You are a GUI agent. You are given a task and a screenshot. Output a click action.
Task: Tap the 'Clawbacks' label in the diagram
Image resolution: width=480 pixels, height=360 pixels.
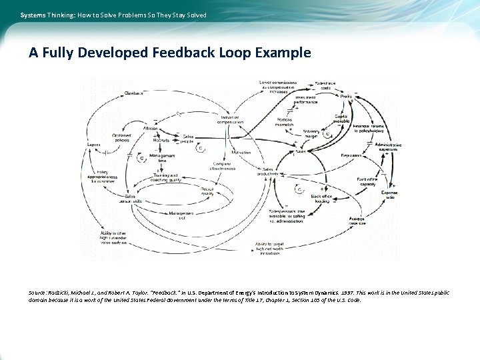pos(134,93)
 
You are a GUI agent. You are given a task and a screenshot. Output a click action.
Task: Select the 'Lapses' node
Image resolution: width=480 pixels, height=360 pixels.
pos(94,145)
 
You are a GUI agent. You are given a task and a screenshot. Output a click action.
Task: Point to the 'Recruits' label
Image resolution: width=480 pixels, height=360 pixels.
pos(161,141)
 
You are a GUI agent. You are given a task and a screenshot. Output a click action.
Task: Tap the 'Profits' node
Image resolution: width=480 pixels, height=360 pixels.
pos(346,96)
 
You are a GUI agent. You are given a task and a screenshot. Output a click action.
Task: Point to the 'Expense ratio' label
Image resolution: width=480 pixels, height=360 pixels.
pos(389,195)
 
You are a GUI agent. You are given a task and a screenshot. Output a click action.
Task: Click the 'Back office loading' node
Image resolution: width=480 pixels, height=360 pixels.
pos(321,199)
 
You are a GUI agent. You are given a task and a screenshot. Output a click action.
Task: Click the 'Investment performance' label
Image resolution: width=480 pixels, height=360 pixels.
pos(305,100)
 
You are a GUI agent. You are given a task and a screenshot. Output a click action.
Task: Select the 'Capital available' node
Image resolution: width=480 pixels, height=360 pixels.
pos(341,119)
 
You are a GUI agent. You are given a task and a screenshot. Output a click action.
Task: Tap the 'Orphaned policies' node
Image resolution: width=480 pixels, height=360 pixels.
pos(122,138)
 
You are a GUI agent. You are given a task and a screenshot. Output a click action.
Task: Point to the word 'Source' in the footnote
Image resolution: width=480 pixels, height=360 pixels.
pos(37,293)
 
